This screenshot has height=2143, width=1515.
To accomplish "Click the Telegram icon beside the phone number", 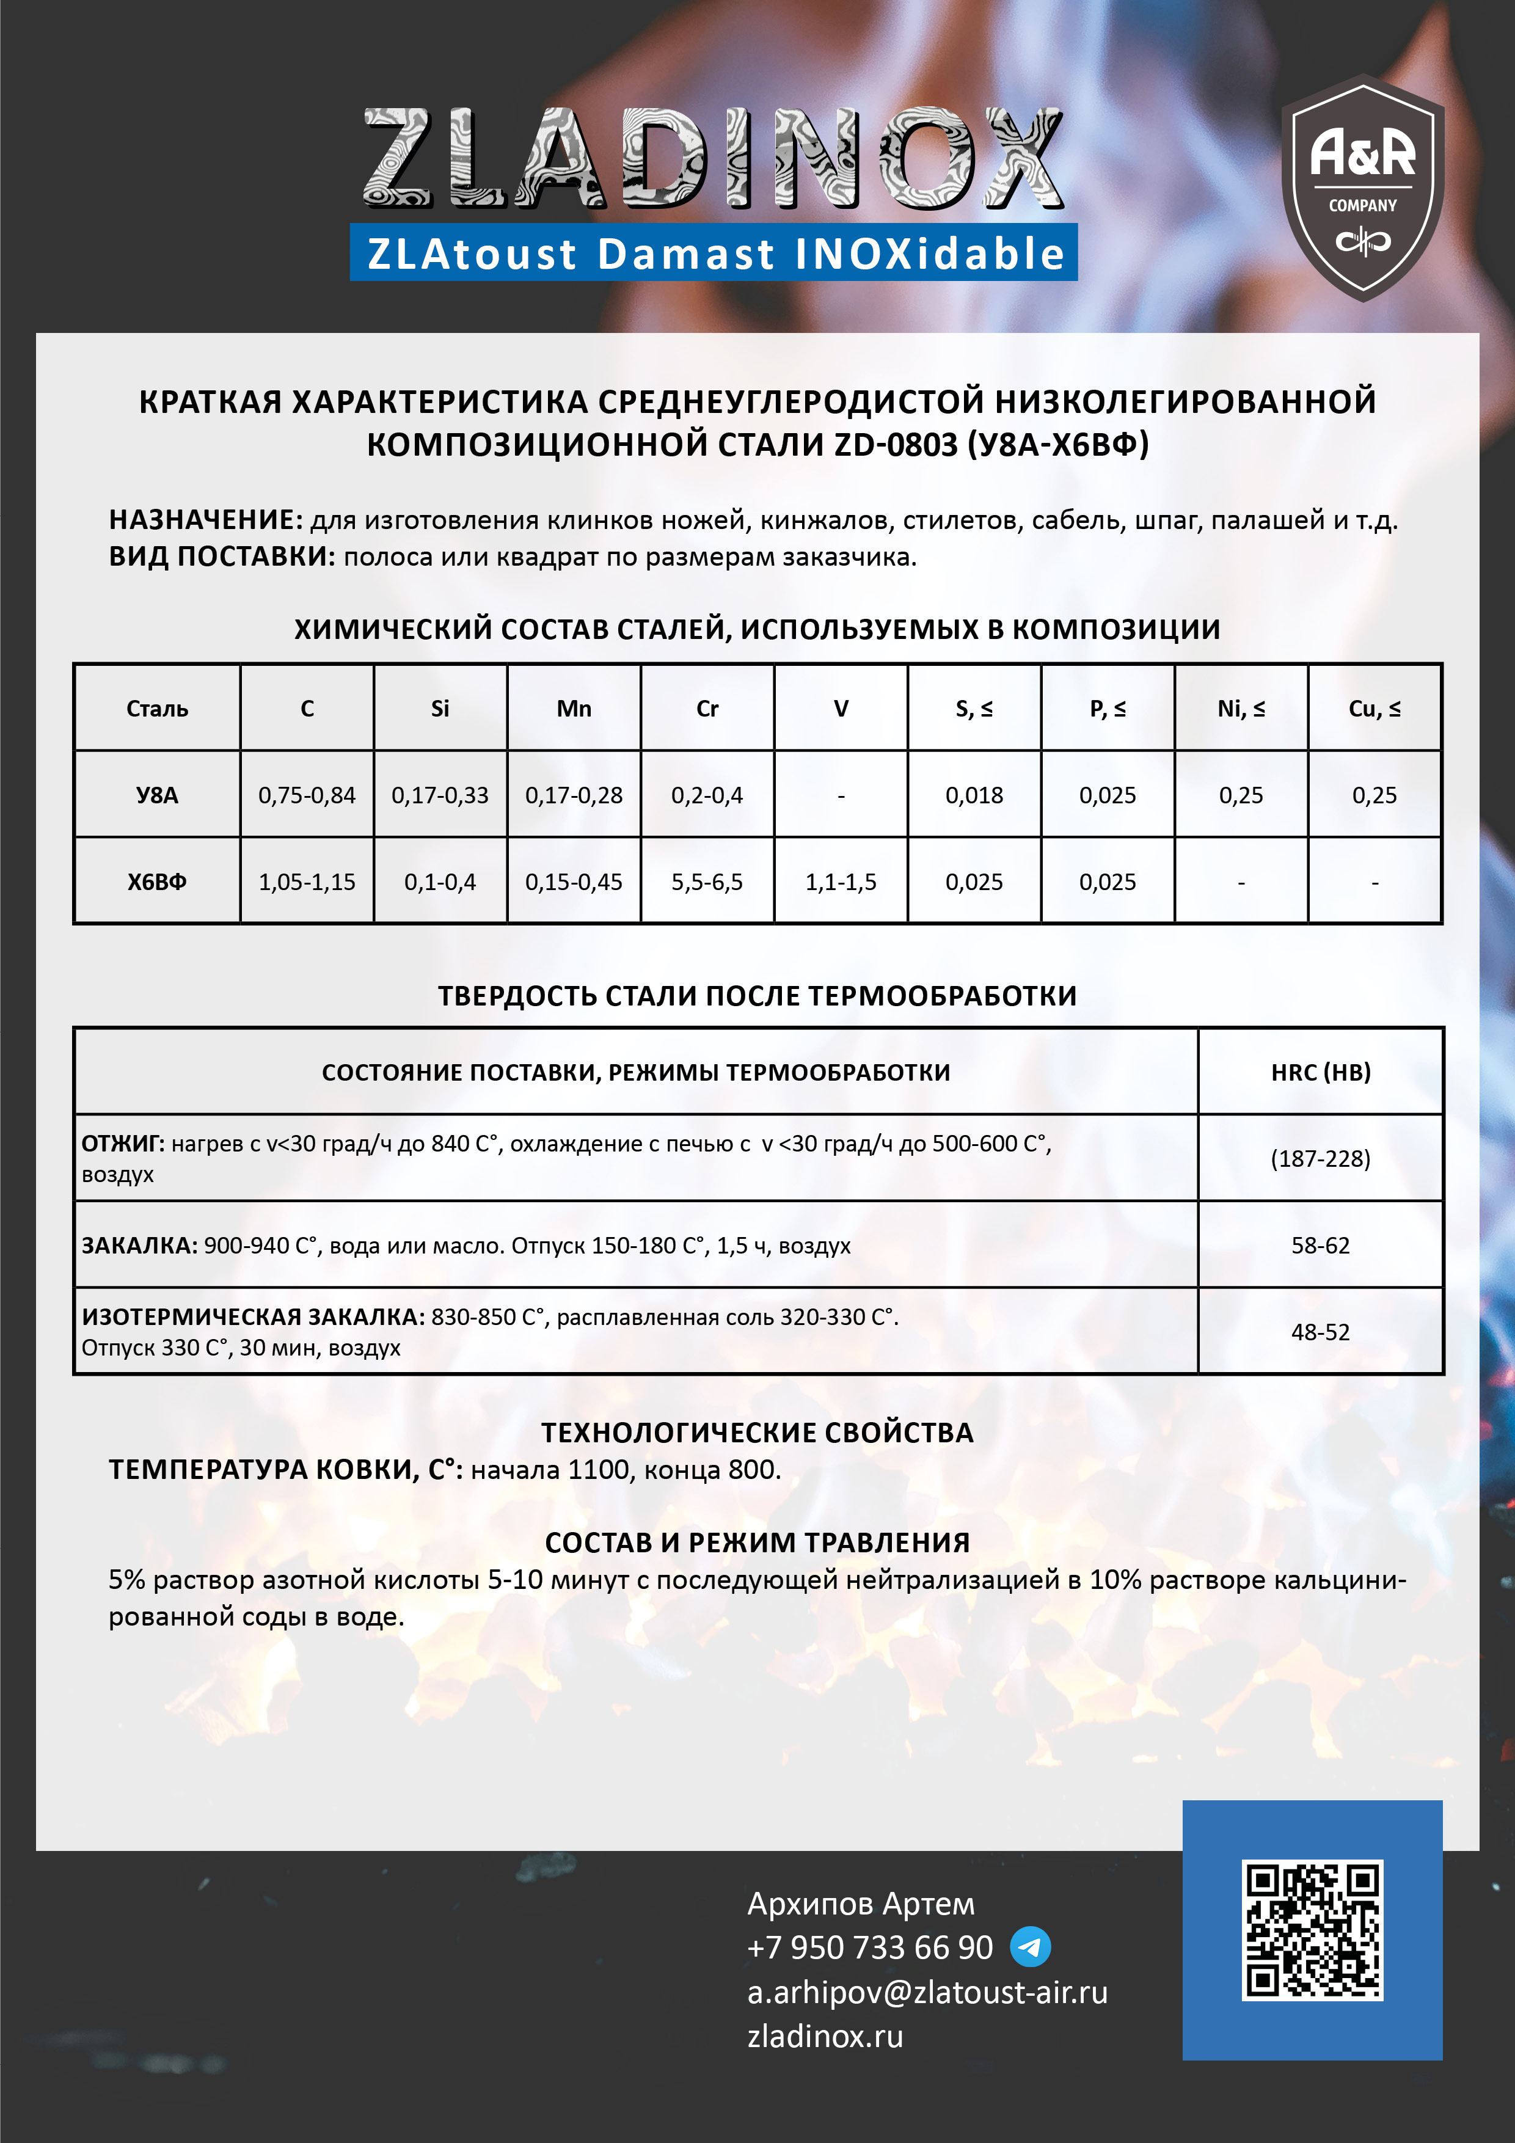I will [1031, 1947].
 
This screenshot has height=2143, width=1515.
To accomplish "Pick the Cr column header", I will [707, 709].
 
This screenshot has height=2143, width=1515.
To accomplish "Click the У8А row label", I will [157, 795].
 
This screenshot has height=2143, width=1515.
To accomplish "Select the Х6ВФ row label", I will [157, 882].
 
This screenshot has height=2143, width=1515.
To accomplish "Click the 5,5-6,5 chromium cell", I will [707, 882].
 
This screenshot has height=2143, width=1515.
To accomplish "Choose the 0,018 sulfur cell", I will [974, 795].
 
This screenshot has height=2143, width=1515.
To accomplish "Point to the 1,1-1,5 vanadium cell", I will [840, 882].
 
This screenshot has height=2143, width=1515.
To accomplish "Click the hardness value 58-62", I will [1320, 1245].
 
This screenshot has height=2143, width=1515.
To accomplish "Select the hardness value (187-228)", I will [1320, 1158].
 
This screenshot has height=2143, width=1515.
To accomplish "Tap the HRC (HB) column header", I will [1320, 1073].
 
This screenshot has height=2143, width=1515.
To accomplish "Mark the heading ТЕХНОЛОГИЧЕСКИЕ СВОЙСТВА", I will [757, 1433].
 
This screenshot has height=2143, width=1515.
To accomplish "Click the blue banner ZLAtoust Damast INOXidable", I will [714, 253].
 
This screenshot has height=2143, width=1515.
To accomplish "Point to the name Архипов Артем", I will [860, 1903].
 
